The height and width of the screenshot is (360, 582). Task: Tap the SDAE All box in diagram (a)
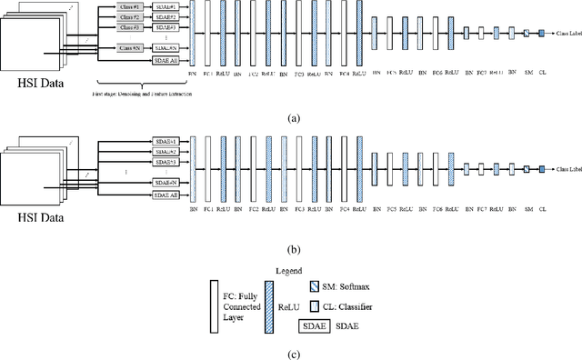pyautogui.click(x=165, y=60)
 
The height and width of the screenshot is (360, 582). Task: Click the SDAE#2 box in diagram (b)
pyautogui.click(x=165, y=151)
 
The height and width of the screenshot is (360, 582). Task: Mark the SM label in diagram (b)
pyautogui.click(x=527, y=209)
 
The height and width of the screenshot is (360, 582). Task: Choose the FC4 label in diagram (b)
pyautogui.click(x=341, y=209)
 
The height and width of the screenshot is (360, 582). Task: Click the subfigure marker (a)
pyautogui.click(x=290, y=119)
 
